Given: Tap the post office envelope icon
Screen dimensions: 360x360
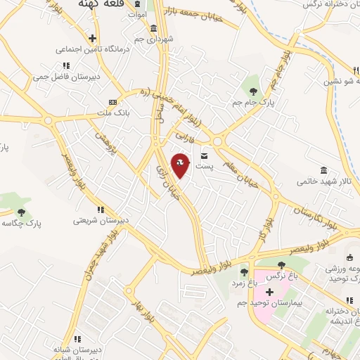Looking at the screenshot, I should tap(205, 155).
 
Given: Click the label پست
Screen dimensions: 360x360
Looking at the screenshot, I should tap(203, 166).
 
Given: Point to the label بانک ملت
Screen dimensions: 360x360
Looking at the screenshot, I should tap(112, 112).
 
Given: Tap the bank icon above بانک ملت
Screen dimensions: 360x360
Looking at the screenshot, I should tap(113, 102).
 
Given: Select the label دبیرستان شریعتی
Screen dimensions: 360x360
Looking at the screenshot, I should tap(101, 220).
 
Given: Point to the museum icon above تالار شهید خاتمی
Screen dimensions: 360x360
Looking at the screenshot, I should tap(323, 171).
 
